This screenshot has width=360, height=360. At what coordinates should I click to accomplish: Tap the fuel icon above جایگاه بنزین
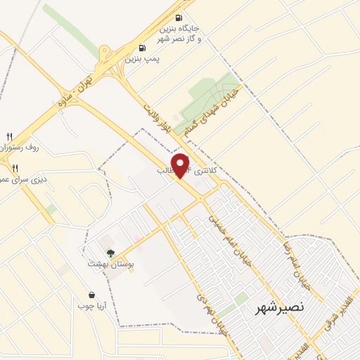click(x=178, y=18)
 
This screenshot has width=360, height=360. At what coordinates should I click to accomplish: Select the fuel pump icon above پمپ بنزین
click(x=143, y=49)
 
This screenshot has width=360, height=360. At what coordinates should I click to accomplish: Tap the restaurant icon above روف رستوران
click(x=9, y=136)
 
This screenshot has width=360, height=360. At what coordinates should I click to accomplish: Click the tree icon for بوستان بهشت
click(x=110, y=251)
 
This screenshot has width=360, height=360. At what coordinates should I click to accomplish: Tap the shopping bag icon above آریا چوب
click(x=91, y=295)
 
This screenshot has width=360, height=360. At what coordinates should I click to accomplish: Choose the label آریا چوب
click(x=91, y=307)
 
